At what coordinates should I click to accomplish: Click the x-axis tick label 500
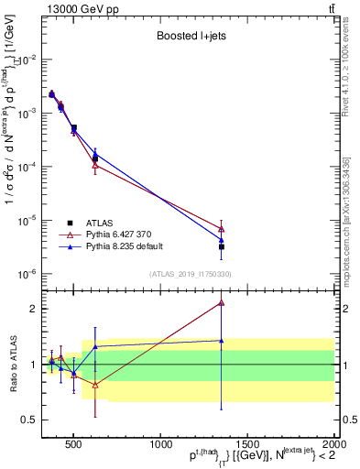(74, 444)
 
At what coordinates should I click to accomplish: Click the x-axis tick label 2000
(332, 444)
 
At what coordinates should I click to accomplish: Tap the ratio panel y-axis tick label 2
(33, 309)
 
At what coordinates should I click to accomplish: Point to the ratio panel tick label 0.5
(28, 420)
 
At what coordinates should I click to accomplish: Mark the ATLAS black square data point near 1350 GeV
(222, 246)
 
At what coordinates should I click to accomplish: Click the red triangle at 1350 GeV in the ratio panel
(222, 302)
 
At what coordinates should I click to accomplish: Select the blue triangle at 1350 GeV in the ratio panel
(222, 341)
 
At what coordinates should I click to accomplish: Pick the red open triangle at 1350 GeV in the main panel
(222, 228)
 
